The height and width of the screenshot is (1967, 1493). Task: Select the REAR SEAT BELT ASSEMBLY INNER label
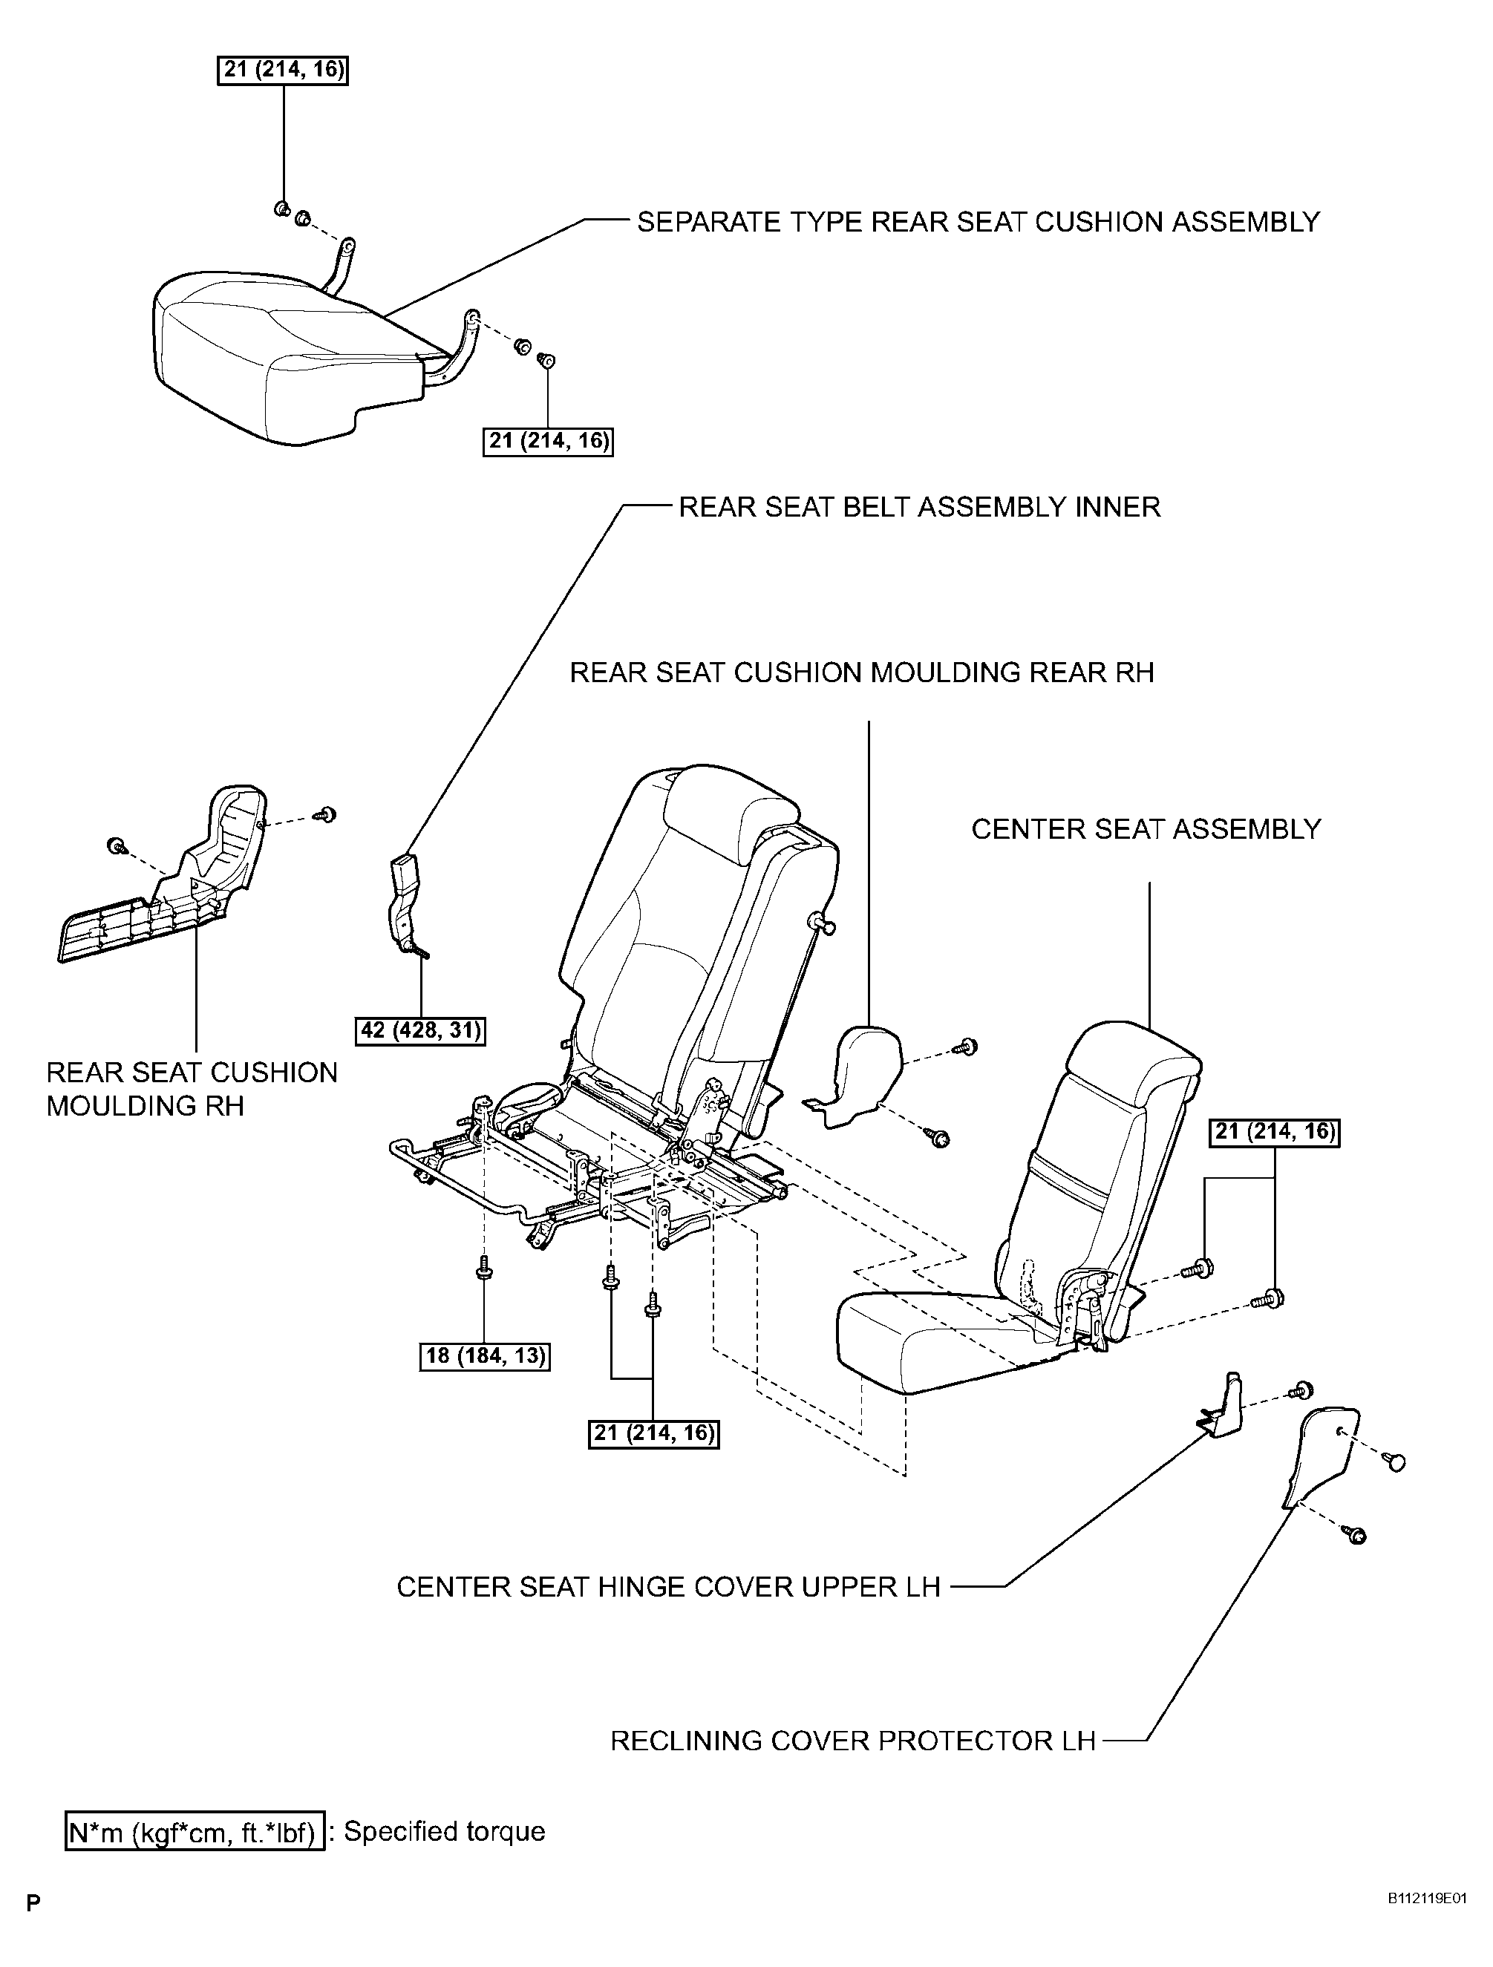click(919, 507)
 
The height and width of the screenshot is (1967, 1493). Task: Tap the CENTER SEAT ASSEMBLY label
click(1146, 829)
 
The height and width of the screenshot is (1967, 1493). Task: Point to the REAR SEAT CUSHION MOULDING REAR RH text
click(862, 672)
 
